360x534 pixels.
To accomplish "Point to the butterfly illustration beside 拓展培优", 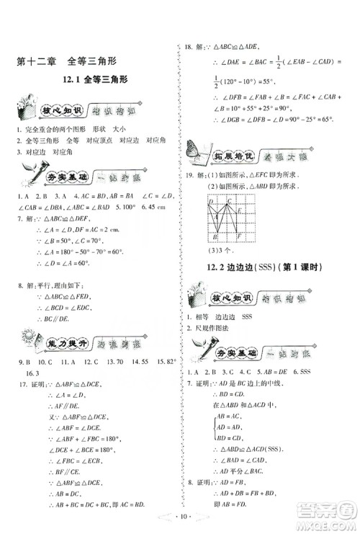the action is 194,148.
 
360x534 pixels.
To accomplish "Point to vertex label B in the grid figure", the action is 215,237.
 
